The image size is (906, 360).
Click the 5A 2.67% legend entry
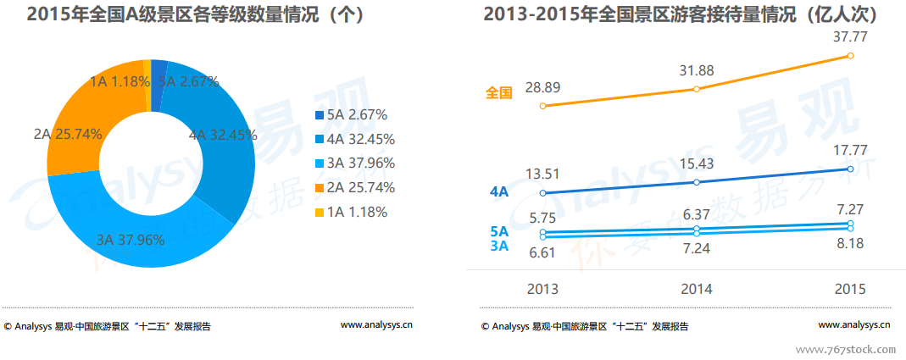(x=350, y=114)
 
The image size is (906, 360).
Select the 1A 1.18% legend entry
(x=350, y=212)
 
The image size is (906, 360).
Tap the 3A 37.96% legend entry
(x=350, y=163)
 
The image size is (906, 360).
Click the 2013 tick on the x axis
(x=542, y=289)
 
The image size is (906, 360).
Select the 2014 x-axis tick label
(x=697, y=289)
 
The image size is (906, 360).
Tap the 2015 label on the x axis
(x=850, y=289)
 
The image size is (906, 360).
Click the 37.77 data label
(x=850, y=36)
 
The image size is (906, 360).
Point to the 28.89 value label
(x=542, y=87)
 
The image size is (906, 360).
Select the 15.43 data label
(x=697, y=163)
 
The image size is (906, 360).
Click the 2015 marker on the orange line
(x=850, y=57)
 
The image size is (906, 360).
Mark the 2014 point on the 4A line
(x=697, y=182)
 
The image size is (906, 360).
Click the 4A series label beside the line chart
(x=499, y=192)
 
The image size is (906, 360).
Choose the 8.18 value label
(x=850, y=246)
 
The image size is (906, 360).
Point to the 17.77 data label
(x=850, y=150)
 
